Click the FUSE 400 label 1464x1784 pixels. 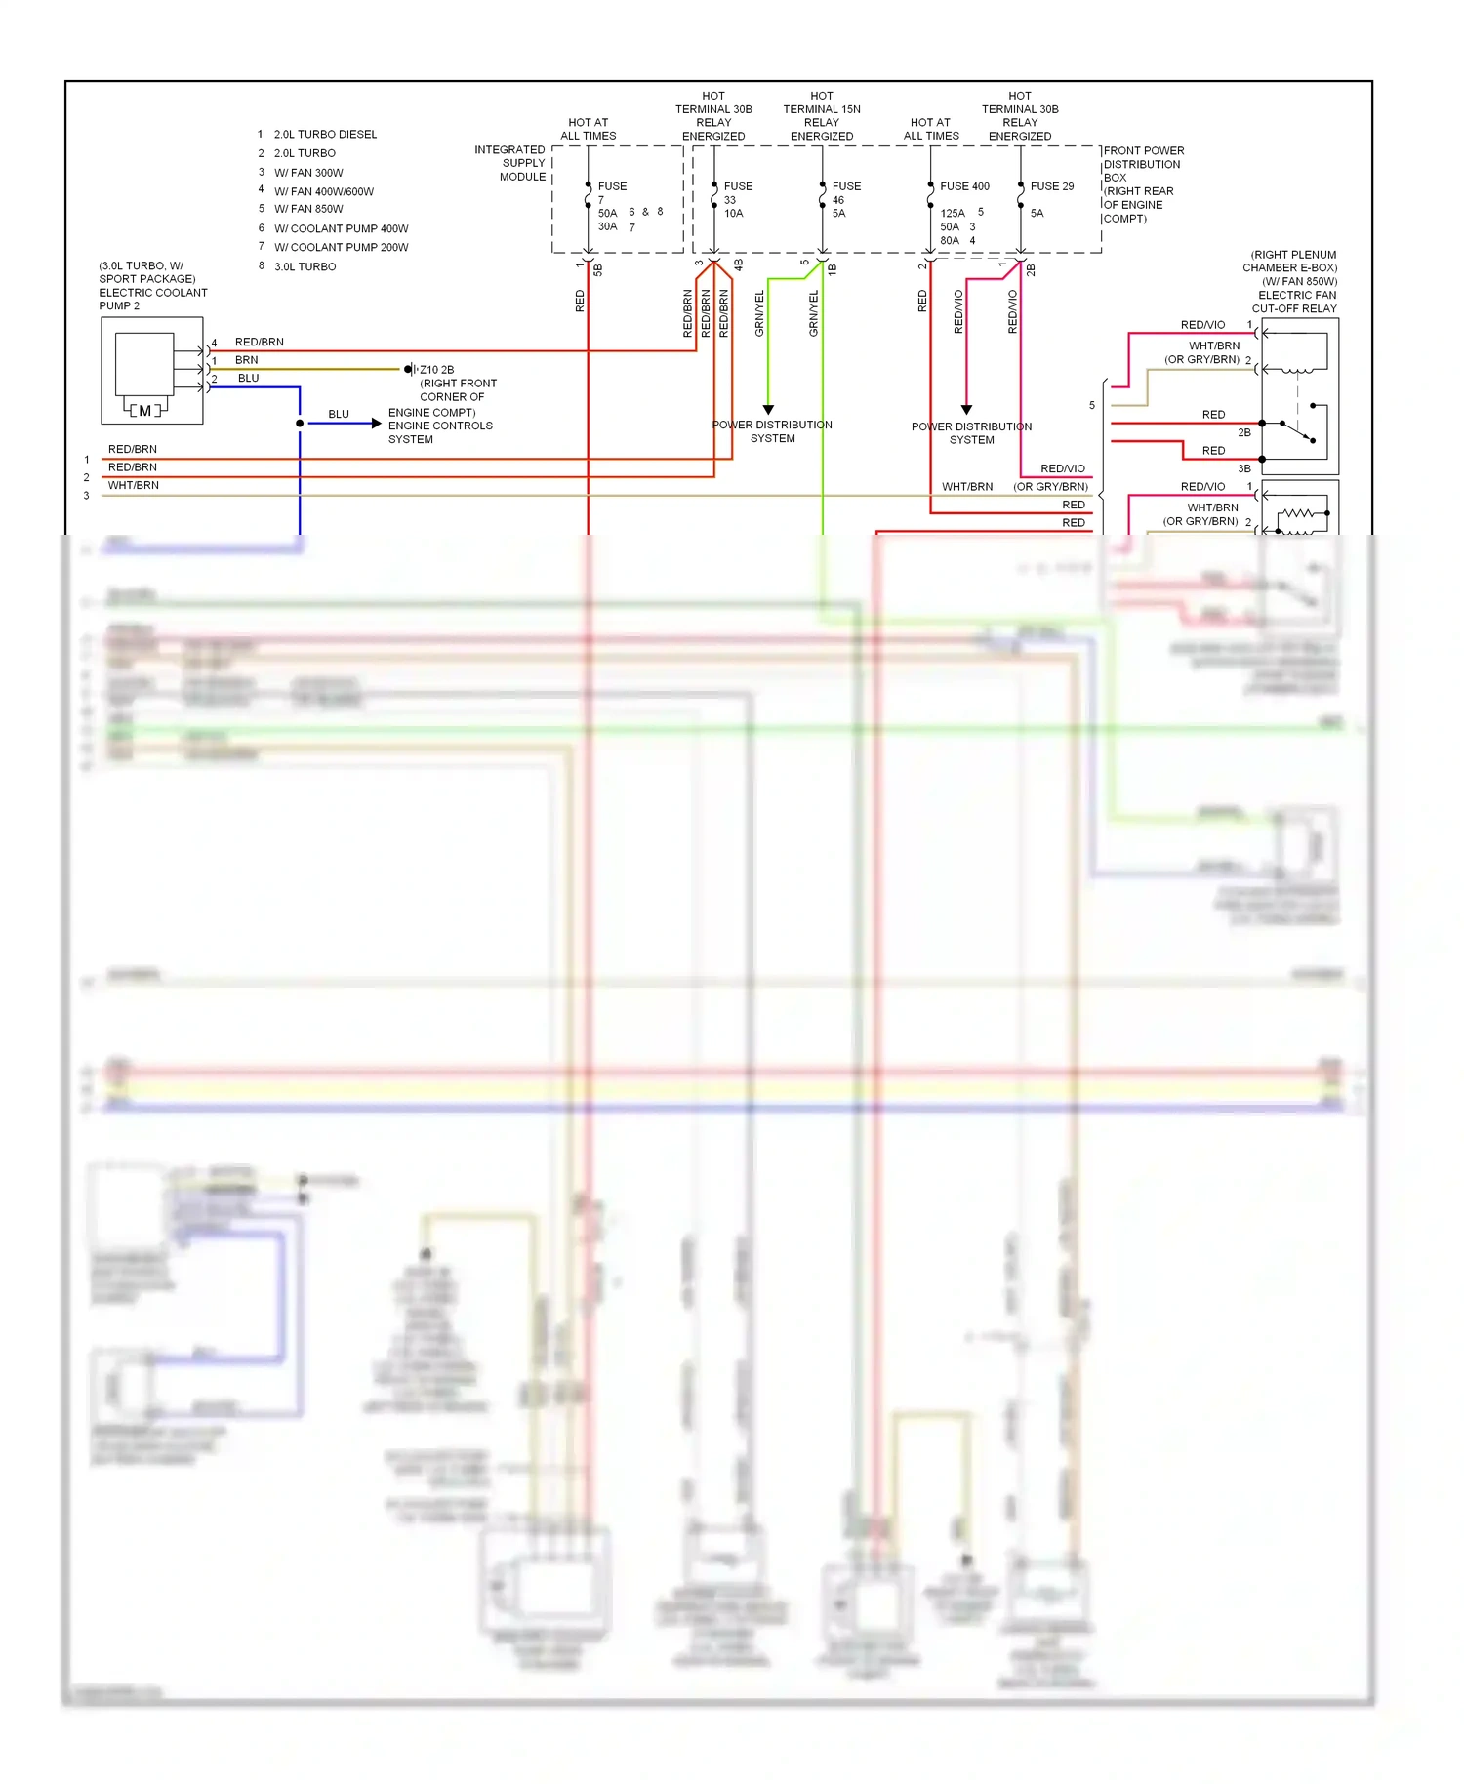coord(964,186)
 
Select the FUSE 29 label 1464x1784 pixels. coord(1051,186)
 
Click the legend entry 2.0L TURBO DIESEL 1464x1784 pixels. coord(324,135)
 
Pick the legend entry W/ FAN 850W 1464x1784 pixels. coord(308,209)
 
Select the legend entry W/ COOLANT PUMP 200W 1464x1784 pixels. coord(341,248)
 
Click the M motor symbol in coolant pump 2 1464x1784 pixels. coord(145,411)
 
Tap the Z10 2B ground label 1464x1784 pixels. coord(436,370)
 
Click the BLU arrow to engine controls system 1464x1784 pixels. coord(376,424)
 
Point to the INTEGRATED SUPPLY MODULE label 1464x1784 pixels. coord(510,163)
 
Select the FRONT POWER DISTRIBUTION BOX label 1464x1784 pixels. coord(1143,184)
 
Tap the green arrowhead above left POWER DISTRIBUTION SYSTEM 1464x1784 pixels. coord(768,410)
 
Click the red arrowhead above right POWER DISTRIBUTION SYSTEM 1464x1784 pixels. coord(966,410)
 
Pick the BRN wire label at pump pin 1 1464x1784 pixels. coord(246,360)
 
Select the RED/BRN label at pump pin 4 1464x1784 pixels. coord(259,343)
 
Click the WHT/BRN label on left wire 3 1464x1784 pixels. coord(134,485)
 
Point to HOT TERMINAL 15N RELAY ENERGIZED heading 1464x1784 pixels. coord(822,116)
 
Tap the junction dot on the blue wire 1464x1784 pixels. coord(300,424)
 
